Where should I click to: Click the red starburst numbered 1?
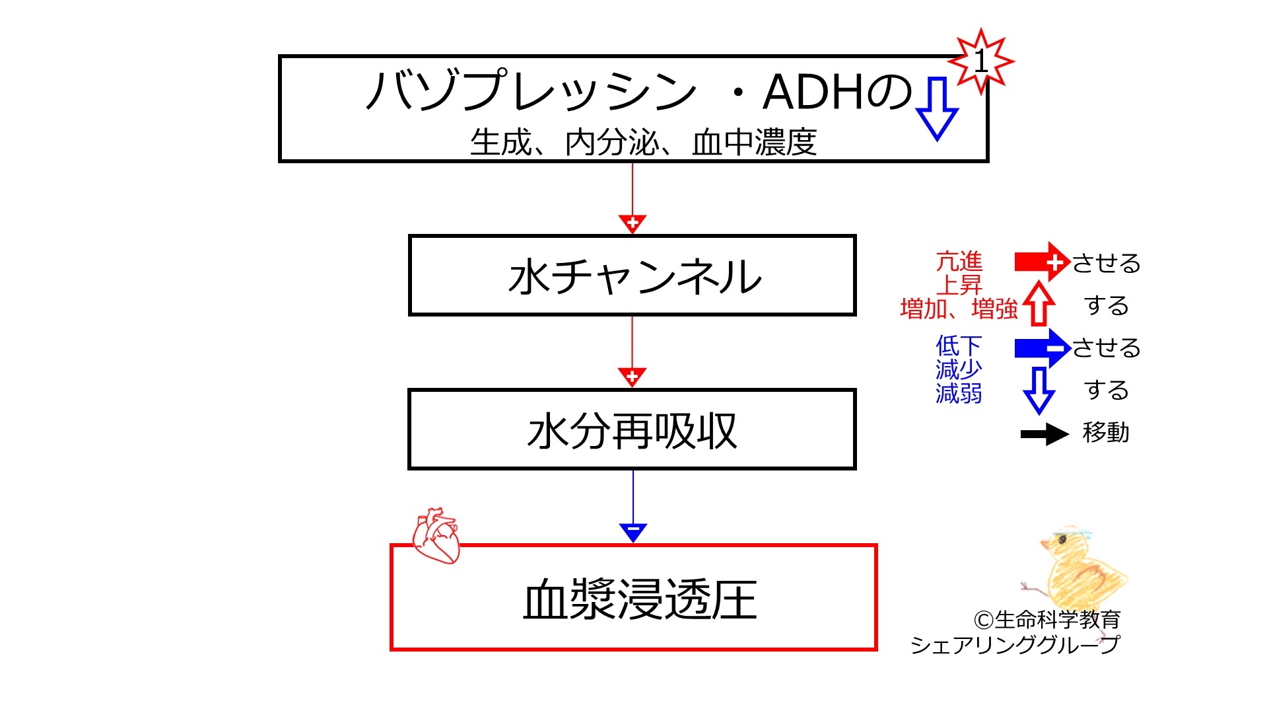click(x=981, y=61)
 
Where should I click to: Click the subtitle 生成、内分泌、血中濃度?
click(x=643, y=142)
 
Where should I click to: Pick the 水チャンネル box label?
click(x=635, y=276)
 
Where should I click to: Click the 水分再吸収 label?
click(x=632, y=431)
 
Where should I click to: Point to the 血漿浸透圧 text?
click(x=640, y=599)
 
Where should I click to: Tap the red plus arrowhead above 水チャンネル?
click(x=633, y=223)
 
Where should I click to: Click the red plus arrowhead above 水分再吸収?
click(x=632, y=377)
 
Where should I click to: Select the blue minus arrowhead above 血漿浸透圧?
click(x=633, y=531)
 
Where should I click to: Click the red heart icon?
click(x=436, y=535)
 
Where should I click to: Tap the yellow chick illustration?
click(x=1076, y=564)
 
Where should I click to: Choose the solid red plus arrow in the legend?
click(x=1042, y=262)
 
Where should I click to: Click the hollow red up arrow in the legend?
click(x=1039, y=303)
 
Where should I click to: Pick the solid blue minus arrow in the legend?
click(x=1042, y=348)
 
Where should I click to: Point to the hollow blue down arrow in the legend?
click(x=1039, y=391)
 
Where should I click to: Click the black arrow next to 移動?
click(x=1044, y=434)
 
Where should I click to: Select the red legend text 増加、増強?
click(x=959, y=309)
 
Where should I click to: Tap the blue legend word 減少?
click(x=959, y=369)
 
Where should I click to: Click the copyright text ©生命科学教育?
click(x=1046, y=619)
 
